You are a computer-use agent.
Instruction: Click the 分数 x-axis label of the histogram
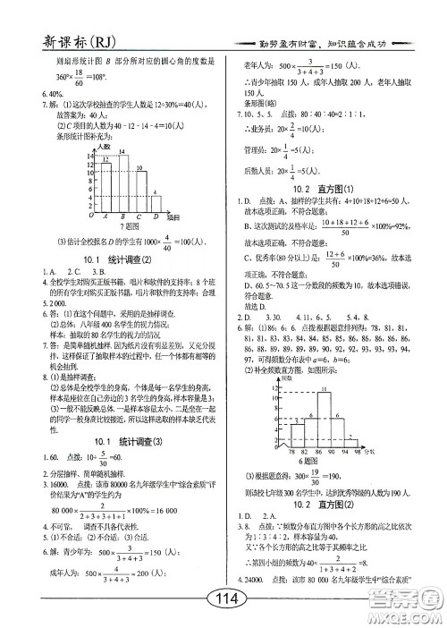[393, 452]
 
